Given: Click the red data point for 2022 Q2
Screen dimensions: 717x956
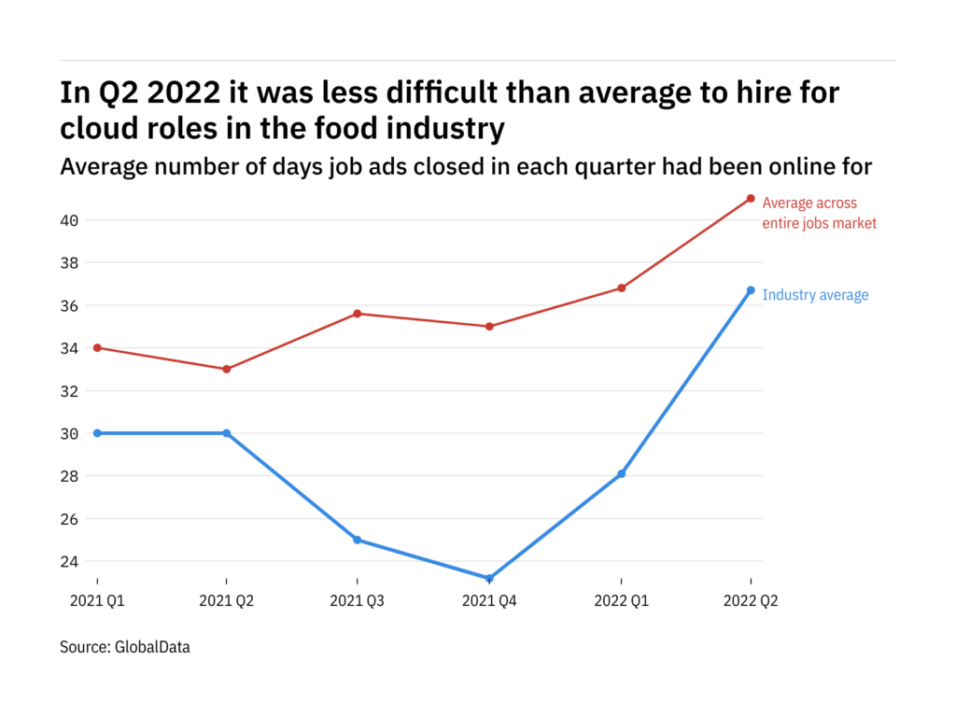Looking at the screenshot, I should [751, 198].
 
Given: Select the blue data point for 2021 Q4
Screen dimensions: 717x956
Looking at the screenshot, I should [489, 579].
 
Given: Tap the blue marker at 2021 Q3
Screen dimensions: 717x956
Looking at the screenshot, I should [358, 540].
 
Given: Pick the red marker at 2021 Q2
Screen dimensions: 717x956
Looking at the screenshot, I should [227, 369].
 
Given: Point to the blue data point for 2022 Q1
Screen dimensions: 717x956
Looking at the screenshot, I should [621, 473].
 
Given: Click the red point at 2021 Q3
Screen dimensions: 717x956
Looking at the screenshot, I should [358, 314].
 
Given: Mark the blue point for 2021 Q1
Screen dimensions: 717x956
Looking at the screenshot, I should [97, 433].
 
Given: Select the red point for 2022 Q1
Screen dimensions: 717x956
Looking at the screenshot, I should [621, 288].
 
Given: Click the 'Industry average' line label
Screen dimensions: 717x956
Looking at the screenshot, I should [815, 295].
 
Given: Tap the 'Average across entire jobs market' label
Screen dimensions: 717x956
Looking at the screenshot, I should [819, 213].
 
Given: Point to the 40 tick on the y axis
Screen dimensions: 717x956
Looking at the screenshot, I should [70, 220].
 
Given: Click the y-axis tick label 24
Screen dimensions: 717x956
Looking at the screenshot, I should [70, 561].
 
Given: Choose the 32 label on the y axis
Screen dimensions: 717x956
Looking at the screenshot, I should [70, 391].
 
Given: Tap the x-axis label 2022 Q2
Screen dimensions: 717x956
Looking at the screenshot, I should [751, 601].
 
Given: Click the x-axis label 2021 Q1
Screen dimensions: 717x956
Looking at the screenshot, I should [97, 601].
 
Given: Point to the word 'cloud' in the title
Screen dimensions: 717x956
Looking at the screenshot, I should [100, 128].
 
